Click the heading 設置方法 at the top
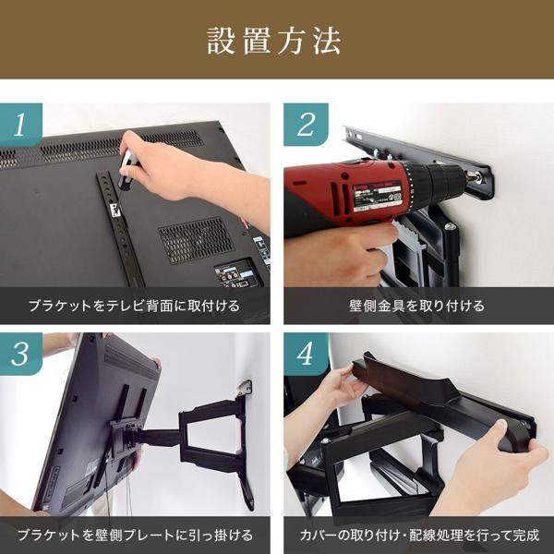(274, 41)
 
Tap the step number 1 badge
(21, 125)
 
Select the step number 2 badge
(306, 125)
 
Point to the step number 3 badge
(21, 354)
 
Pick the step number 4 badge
(306, 354)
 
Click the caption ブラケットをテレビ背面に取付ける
(134, 306)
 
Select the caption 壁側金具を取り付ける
(417, 306)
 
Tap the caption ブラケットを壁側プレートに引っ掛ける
(136, 535)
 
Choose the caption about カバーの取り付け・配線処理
(419, 535)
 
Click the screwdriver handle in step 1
(126, 169)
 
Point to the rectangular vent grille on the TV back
(196, 240)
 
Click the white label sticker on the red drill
(377, 197)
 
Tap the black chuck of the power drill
(444, 181)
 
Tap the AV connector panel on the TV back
(237, 274)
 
